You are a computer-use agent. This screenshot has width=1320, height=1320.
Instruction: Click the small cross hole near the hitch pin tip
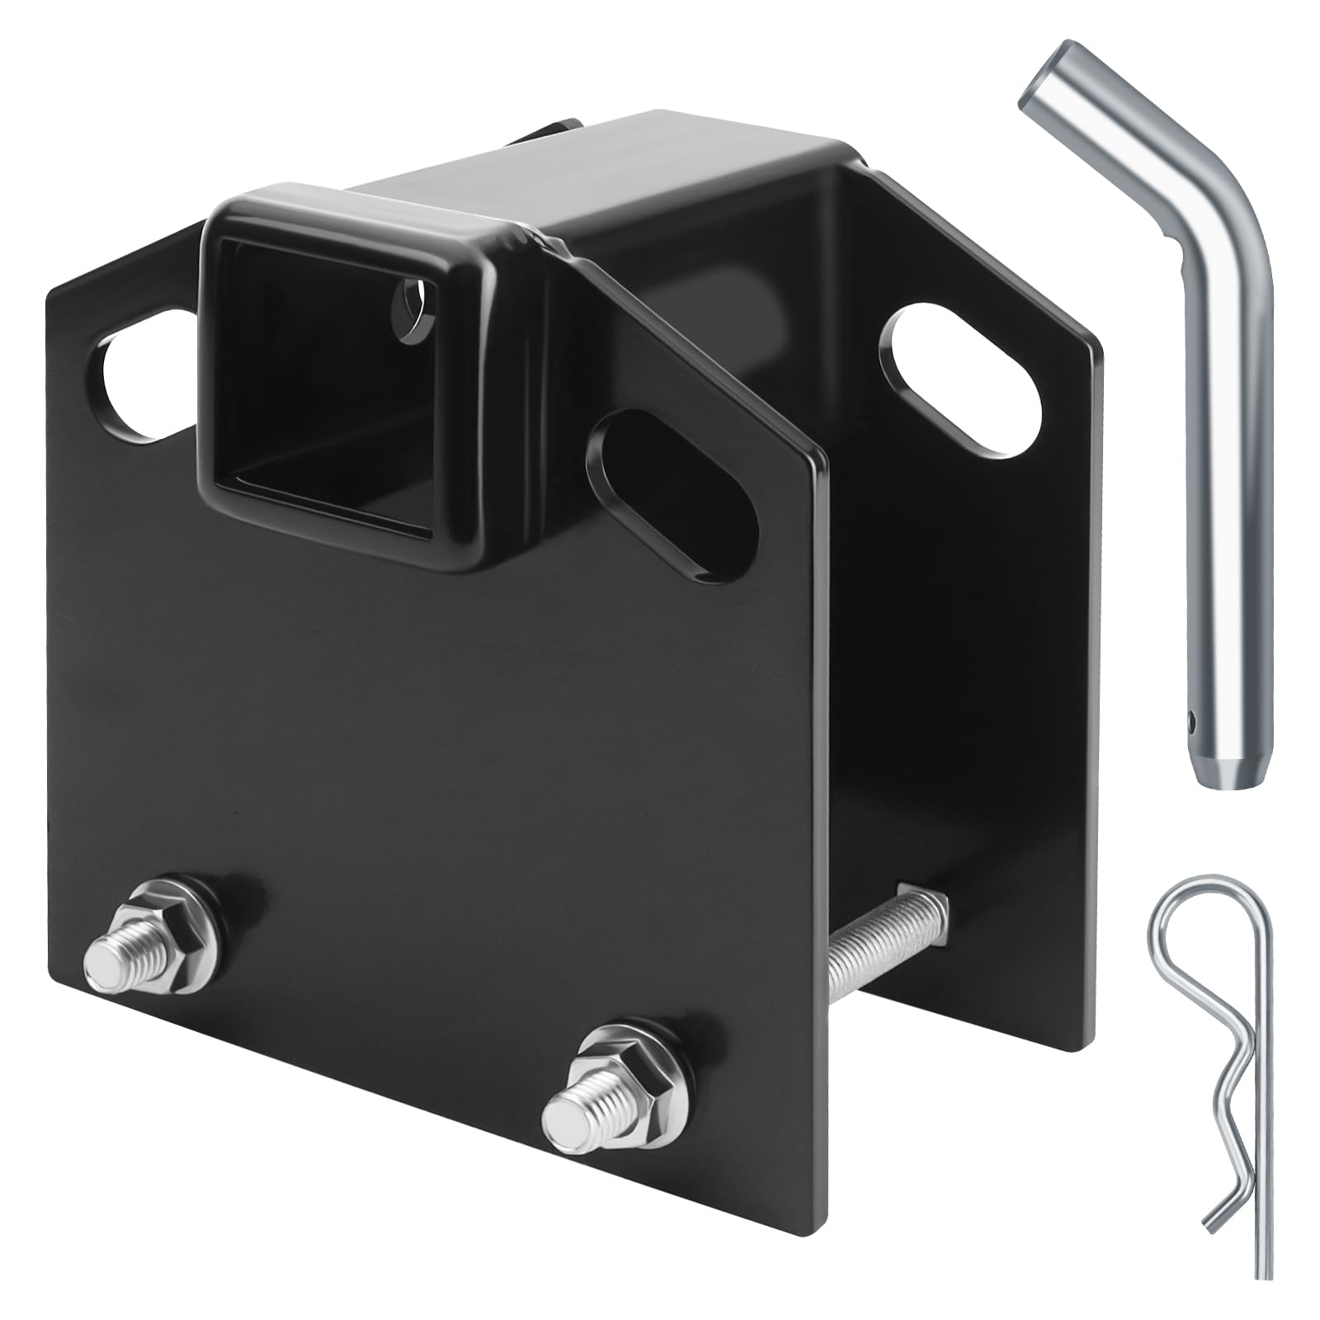[x=1194, y=724]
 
